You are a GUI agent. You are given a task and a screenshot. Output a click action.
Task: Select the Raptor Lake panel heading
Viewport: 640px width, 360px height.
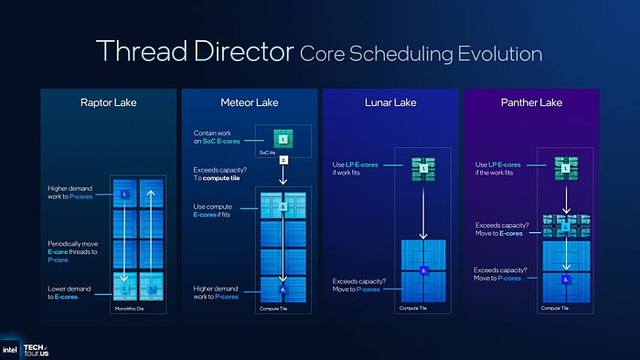pos(108,102)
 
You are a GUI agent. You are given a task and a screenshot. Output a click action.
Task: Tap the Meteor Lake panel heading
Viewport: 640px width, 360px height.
pos(249,102)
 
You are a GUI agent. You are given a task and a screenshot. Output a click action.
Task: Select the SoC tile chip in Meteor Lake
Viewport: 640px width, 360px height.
pos(283,140)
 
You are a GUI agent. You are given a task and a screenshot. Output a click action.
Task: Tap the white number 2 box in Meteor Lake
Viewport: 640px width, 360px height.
pos(283,160)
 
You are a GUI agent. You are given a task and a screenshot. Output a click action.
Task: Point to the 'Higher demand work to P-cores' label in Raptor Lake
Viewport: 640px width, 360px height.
pos(72,194)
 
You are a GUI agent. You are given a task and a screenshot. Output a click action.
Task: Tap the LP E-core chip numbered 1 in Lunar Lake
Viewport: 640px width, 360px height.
pos(424,167)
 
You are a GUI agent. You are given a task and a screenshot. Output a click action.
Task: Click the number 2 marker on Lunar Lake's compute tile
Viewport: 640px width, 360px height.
pos(424,270)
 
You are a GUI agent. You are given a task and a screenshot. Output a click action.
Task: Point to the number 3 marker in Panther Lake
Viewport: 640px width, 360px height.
pos(566,278)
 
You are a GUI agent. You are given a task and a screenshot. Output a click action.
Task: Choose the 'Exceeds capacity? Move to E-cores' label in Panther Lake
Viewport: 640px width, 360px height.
pos(499,229)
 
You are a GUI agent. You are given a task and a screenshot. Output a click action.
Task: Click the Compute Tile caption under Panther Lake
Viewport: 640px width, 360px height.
pos(555,308)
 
